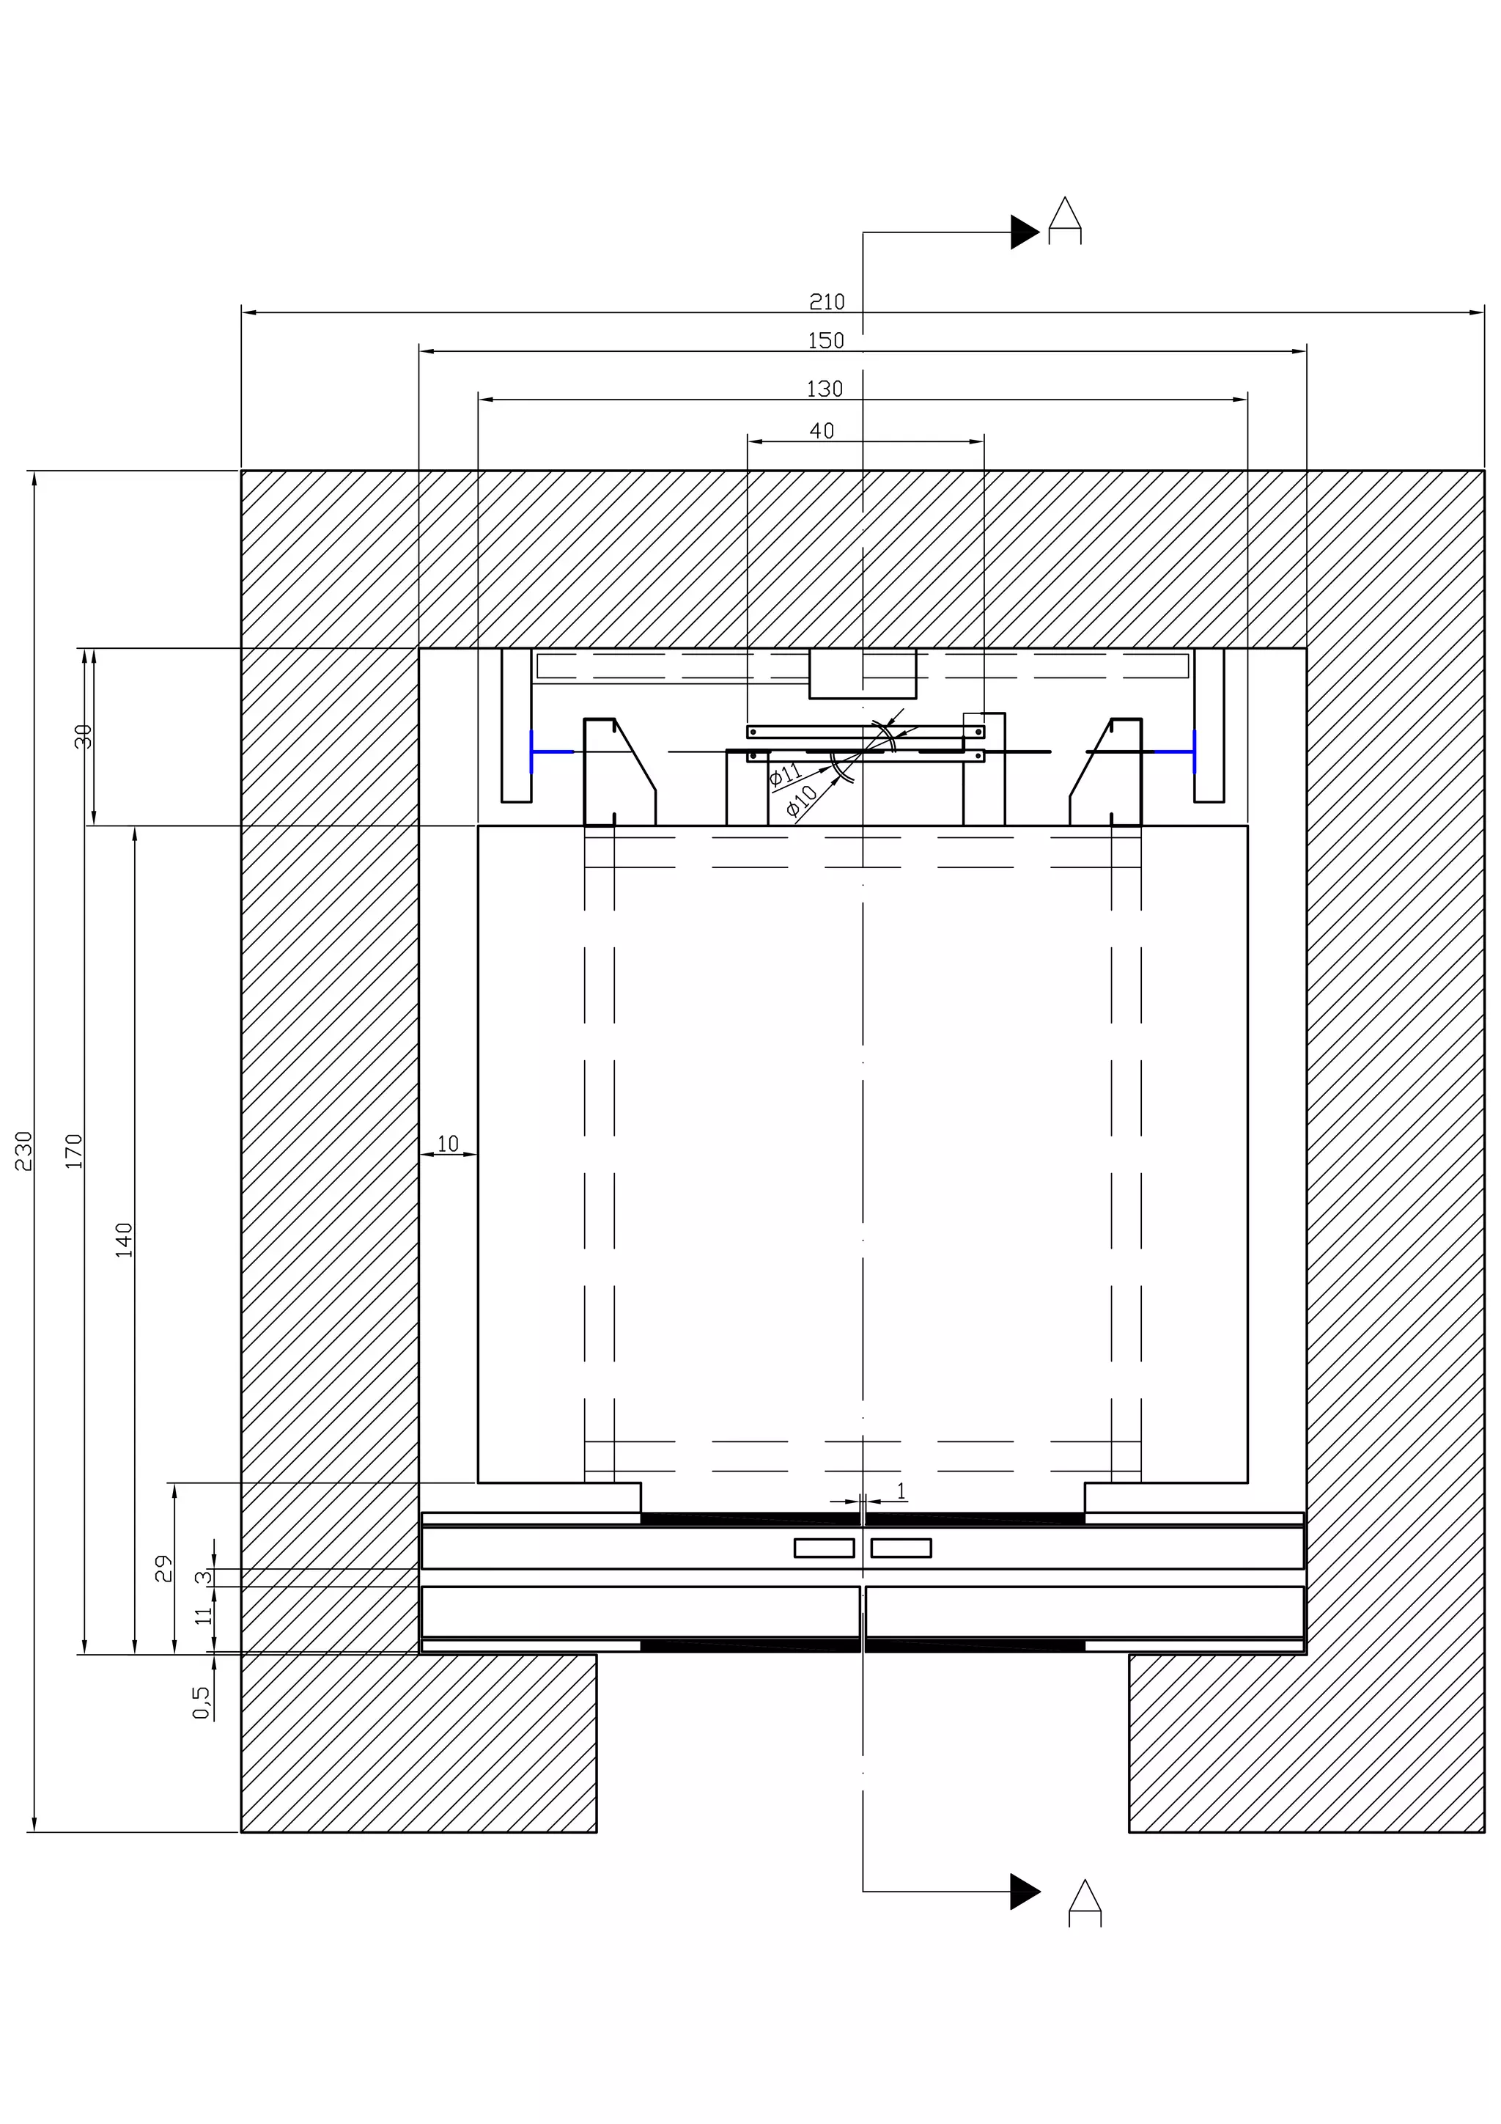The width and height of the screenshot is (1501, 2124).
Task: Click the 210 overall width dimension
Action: tap(827, 301)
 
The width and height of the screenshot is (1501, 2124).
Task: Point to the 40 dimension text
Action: tap(822, 431)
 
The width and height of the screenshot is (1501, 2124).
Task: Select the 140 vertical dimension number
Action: tap(124, 1240)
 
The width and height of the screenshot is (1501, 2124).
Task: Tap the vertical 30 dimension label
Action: tap(84, 736)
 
